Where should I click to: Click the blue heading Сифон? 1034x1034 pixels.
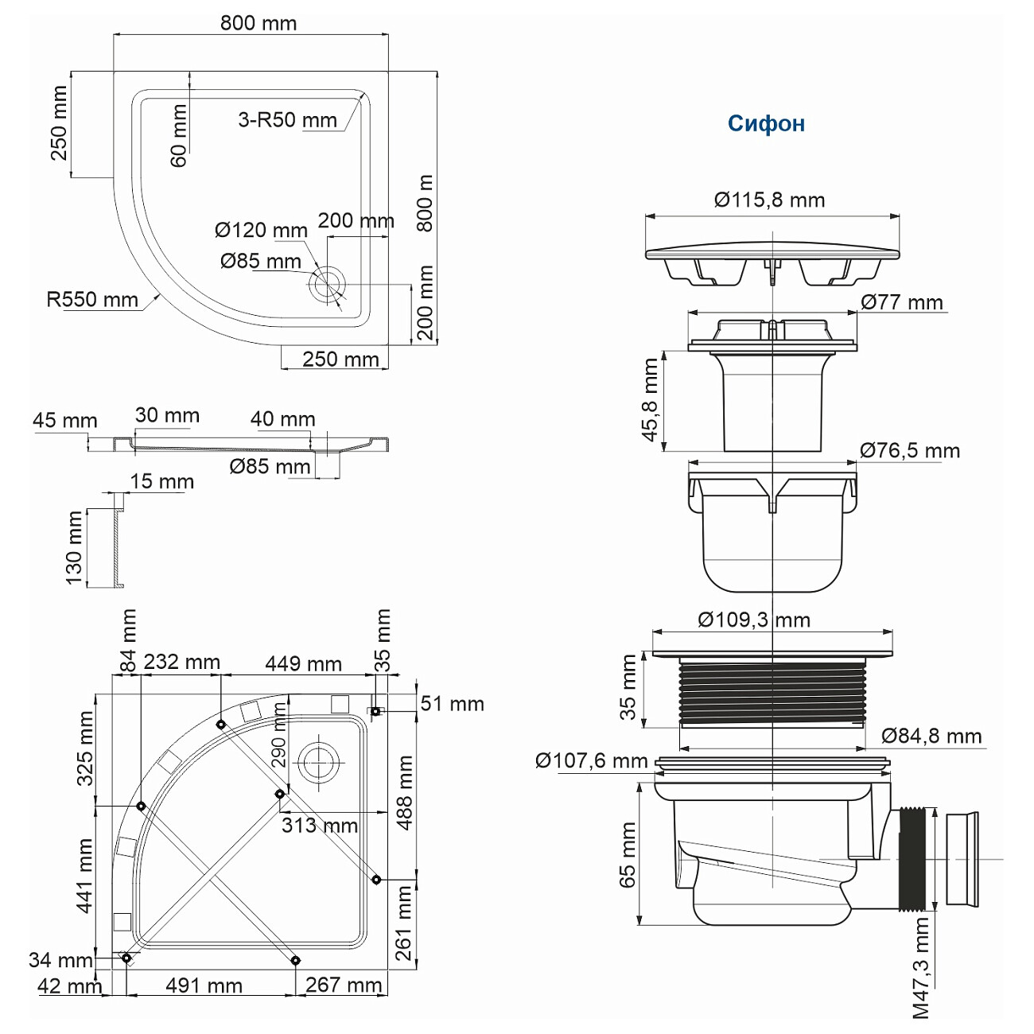pyautogui.click(x=766, y=123)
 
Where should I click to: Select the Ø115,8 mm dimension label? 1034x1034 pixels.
pyautogui.click(x=769, y=200)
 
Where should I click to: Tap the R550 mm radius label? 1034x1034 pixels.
pyautogui.click(x=92, y=299)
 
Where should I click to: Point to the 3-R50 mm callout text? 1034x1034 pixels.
pyautogui.click(x=288, y=119)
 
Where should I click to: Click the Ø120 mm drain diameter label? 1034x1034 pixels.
pyautogui.click(x=261, y=230)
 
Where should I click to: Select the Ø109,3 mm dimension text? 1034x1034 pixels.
pyautogui.click(x=754, y=620)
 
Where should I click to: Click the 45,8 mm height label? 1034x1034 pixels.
pyautogui.click(x=650, y=400)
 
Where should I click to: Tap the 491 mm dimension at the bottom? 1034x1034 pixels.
pyautogui.click(x=204, y=985)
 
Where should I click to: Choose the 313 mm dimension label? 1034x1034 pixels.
pyautogui.click(x=320, y=826)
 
